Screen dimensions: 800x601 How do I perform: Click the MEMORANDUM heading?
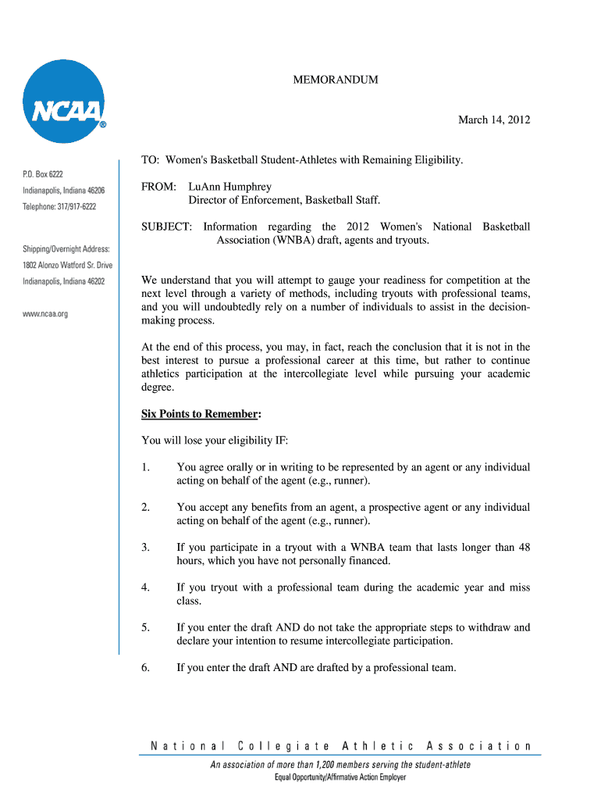click(x=336, y=80)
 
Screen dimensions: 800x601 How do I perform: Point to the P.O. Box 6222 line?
click(x=43, y=173)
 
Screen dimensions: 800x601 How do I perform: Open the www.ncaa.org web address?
click(x=45, y=313)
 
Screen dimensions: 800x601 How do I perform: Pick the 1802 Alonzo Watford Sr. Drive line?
click(x=67, y=265)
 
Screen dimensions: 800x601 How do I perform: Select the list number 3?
click(x=145, y=547)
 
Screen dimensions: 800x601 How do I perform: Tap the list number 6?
click(x=145, y=667)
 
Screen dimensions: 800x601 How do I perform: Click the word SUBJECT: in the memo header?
click(x=166, y=227)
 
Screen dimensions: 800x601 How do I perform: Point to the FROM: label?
click(x=158, y=187)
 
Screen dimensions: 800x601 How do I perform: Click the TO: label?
click(x=150, y=160)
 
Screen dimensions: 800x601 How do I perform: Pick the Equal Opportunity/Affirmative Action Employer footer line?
click(x=340, y=777)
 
